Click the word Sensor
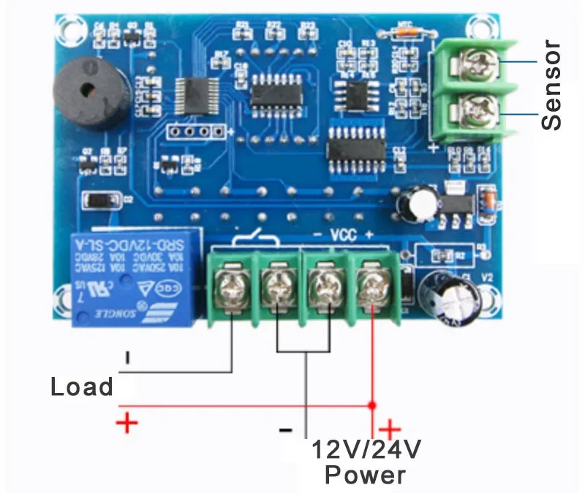click(x=552, y=85)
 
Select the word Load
click(x=82, y=386)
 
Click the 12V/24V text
click(x=367, y=448)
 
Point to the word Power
click(x=365, y=475)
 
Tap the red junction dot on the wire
click(x=372, y=404)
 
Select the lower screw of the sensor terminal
click(x=475, y=113)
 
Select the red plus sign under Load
click(x=127, y=422)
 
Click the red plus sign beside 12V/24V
click(x=390, y=429)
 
